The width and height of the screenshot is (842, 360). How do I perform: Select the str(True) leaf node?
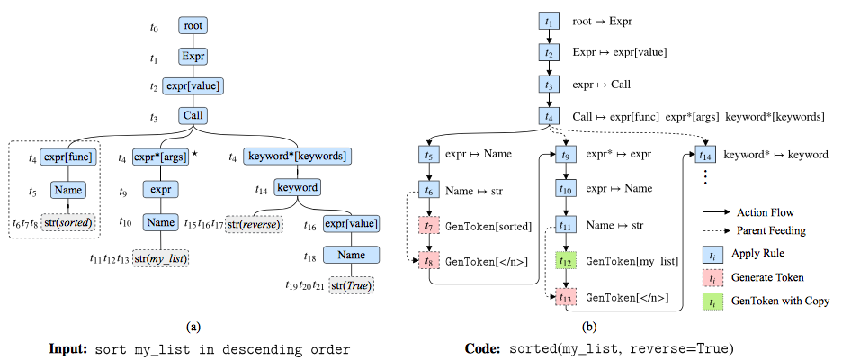(351, 286)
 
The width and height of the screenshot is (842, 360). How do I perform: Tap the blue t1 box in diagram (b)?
(548, 20)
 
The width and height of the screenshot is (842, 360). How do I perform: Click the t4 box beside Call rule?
(548, 116)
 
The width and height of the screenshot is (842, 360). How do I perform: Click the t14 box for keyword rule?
(707, 154)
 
